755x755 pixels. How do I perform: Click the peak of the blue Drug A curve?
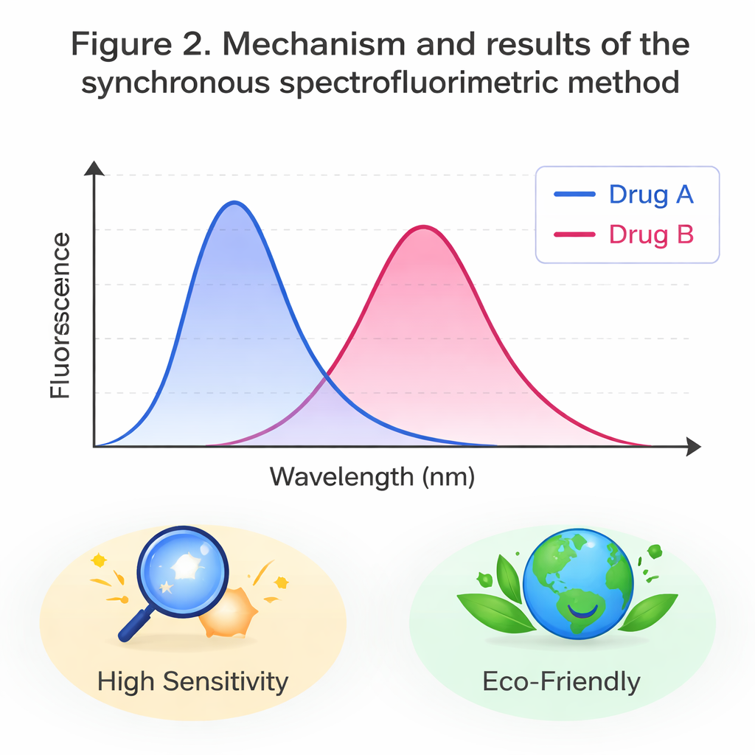point(234,203)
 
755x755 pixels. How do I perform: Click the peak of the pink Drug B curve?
point(422,227)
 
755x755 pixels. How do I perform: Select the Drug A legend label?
point(651,195)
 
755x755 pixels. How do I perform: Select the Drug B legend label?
point(651,234)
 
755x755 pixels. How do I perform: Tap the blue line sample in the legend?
point(574,195)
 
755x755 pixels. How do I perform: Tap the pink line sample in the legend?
point(574,234)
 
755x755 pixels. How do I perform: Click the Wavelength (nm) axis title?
point(372,476)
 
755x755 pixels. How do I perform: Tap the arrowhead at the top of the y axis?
point(94,169)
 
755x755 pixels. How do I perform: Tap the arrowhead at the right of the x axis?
point(692,446)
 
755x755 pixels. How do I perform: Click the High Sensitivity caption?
point(192,681)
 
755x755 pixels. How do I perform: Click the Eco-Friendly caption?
point(561,681)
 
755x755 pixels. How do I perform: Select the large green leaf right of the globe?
point(648,612)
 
